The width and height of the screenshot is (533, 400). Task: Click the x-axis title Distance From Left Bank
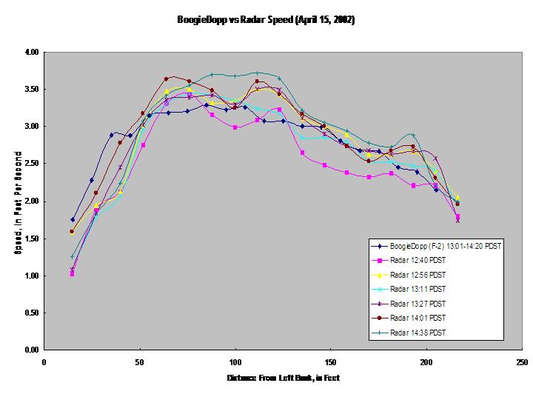click(x=283, y=378)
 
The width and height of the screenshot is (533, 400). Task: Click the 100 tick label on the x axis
click(x=235, y=362)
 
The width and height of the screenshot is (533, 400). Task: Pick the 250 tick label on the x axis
click(x=522, y=362)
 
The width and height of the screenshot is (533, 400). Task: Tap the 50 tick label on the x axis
click(x=140, y=362)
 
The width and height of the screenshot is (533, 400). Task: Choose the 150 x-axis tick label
click(x=331, y=362)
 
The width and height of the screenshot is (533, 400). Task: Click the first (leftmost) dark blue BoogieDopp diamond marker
click(x=73, y=219)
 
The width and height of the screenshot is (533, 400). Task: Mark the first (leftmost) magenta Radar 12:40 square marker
click(x=72, y=273)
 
